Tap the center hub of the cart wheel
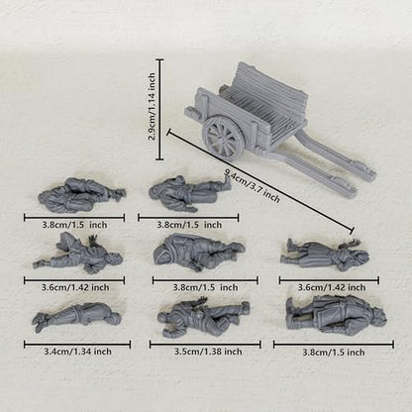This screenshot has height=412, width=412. click(x=223, y=138)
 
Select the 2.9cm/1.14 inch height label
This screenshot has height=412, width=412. click(x=152, y=107)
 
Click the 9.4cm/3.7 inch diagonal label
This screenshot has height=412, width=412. click(x=252, y=185)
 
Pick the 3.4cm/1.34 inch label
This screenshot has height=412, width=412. click(x=77, y=352)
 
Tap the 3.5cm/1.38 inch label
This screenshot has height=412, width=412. click(x=208, y=352)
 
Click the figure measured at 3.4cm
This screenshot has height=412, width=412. click(x=76, y=317)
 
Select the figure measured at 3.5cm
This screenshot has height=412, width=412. click(x=203, y=317)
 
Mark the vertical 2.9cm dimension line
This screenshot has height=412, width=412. click(x=159, y=110)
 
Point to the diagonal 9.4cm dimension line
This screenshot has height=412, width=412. click(x=260, y=181)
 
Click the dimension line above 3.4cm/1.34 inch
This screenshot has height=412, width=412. click(x=77, y=345)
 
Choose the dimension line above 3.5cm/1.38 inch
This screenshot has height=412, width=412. click(x=205, y=345)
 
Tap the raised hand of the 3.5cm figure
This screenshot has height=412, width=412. click(x=200, y=302)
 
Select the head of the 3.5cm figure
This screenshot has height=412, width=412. click(x=165, y=318)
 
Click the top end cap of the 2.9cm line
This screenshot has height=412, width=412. click(x=159, y=59)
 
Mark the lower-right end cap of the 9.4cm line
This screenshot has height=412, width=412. click(x=352, y=231)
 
